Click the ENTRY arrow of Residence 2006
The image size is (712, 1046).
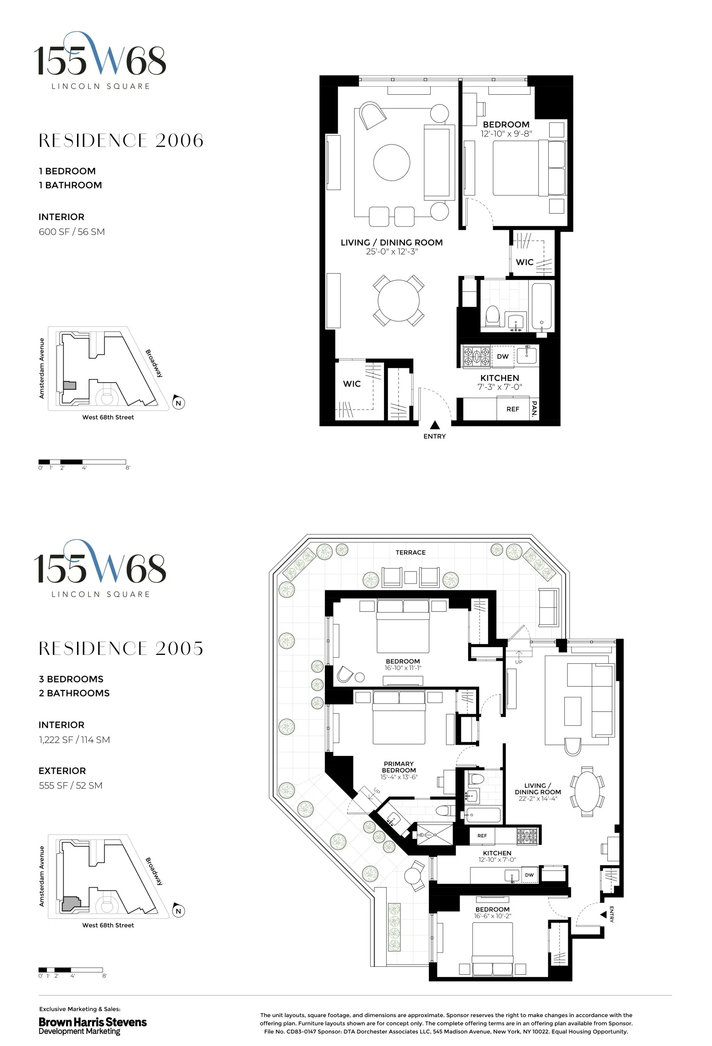click(434, 425)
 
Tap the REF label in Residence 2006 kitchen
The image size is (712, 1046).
click(513, 409)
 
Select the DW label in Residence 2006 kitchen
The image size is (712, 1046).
click(502, 356)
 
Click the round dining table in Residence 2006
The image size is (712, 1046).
click(398, 300)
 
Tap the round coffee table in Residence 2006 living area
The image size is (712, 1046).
click(392, 162)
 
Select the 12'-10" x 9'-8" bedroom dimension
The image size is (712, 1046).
click(506, 133)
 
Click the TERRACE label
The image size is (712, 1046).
click(410, 552)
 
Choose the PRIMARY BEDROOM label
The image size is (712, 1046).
click(398, 767)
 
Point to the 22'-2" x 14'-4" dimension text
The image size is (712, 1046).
click(538, 799)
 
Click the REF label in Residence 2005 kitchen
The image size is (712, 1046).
click(481, 836)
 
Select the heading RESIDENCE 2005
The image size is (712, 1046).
click(121, 649)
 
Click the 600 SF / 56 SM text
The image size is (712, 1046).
click(72, 232)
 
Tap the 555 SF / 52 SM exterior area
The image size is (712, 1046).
click(70, 786)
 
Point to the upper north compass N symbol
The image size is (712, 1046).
click(178, 402)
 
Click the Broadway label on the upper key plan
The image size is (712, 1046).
click(154, 363)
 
